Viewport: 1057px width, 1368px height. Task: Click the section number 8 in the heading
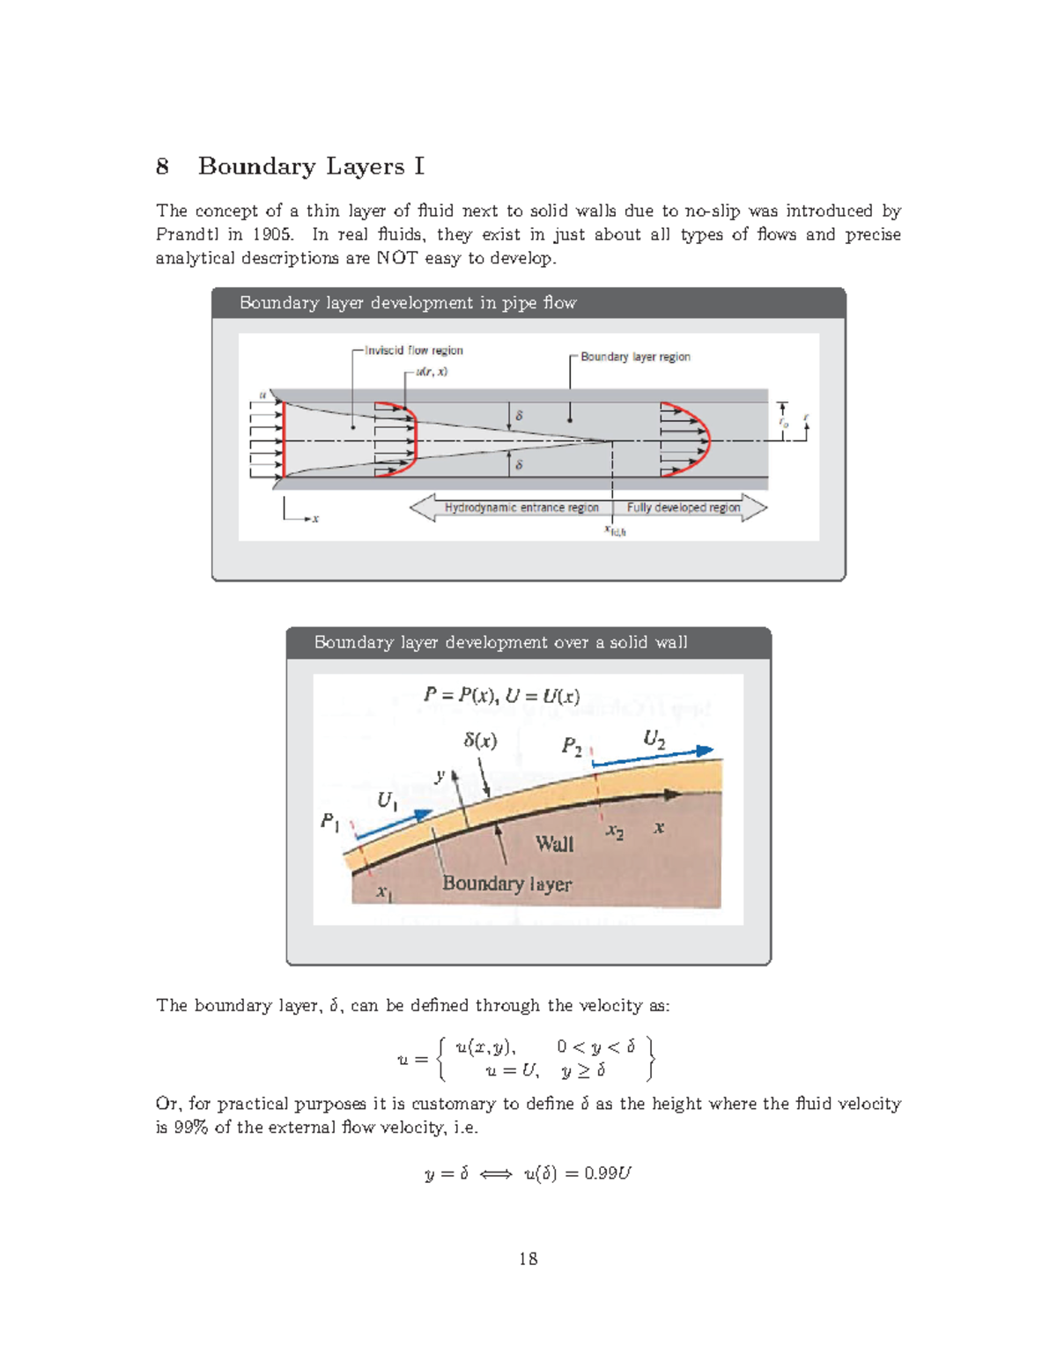pyautogui.click(x=162, y=166)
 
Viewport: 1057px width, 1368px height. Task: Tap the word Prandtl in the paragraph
pyautogui.click(x=187, y=234)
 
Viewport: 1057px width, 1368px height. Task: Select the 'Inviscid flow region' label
pyautogui.click(x=413, y=351)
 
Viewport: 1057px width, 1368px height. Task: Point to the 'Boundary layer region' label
pyautogui.click(x=635, y=357)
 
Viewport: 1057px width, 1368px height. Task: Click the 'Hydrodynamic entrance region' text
pyautogui.click(x=521, y=508)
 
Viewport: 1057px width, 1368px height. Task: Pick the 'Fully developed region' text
pyautogui.click(x=683, y=508)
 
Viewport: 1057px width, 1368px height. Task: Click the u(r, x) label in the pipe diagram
pyautogui.click(x=432, y=372)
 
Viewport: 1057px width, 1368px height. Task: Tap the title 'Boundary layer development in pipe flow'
pyautogui.click(x=408, y=303)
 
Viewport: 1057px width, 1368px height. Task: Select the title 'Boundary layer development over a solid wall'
pyautogui.click(x=500, y=643)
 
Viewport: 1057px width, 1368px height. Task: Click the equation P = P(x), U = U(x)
pyautogui.click(x=501, y=696)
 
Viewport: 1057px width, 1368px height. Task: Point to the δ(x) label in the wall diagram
pyautogui.click(x=480, y=741)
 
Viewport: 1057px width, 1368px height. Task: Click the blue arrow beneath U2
pyautogui.click(x=653, y=758)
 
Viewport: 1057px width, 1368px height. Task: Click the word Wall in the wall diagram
pyautogui.click(x=554, y=844)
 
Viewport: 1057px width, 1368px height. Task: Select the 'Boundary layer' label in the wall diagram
pyautogui.click(x=506, y=884)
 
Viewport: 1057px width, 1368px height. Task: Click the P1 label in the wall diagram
pyautogui.click(x=329, y=821)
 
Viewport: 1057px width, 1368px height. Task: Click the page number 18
pyautogui.click(x=528, y=1259)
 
